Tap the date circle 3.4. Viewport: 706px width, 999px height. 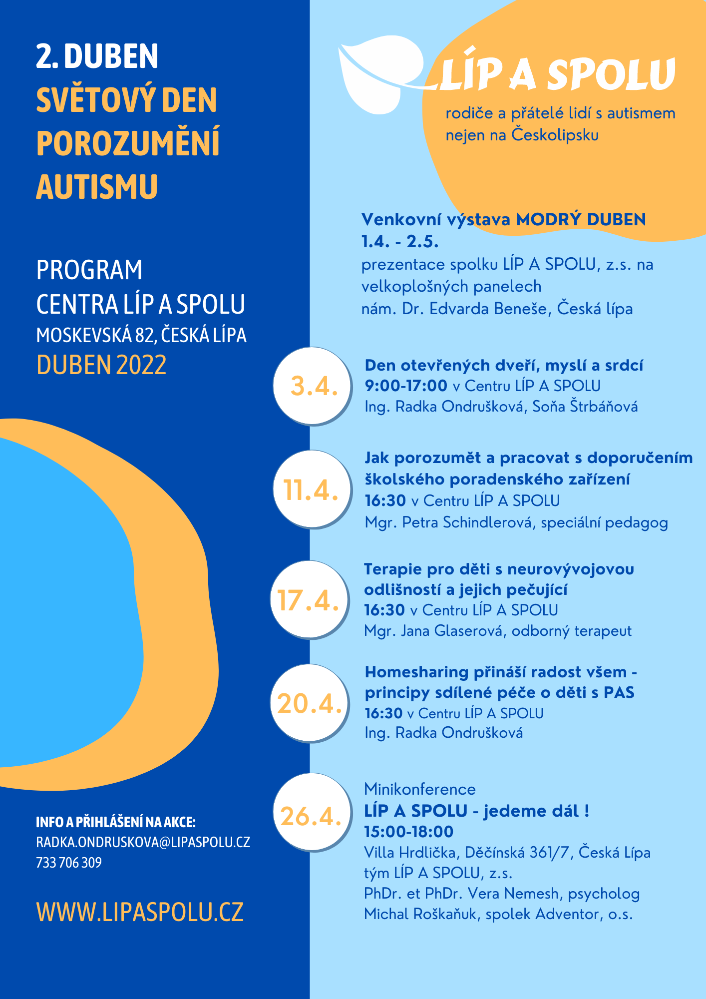pyautogui.click(x=312, y=386)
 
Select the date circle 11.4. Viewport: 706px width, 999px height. pyautogui.click(x=312, y=490)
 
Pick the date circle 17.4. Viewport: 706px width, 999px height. pyautogui.click(x=310, y=599)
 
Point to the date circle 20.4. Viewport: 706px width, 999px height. pyautogui.click(x=310, y=703)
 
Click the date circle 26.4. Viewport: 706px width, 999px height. pyautogui.click(x=312, y=813)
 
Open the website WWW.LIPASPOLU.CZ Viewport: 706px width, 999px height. pyautogui.click(x=140, y=912)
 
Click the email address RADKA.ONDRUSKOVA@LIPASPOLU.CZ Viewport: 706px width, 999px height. pyautogui.click(x=143, y=842)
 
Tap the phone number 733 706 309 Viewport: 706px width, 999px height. pyautogui.click(x=69, y=863)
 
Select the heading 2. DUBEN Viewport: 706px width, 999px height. pyautogui.click(x=97, y=56)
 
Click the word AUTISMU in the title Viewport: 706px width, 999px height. pyautogui.click(x=97, y=187)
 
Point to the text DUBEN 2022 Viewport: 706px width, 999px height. pyautogui.click(x=101, y=365)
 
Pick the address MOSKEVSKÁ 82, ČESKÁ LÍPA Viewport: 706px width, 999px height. pyautogui.click(x=141, y=336)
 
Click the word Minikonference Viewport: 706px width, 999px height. pyautogui.click(x=420, y=789)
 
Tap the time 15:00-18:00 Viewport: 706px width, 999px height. pyautogui.click(x=409, y=832)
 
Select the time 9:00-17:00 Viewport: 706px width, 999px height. pyautogui.click(x=406, y=386)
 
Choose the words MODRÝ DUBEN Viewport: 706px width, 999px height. pyautogui.click(x=581, y=219)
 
